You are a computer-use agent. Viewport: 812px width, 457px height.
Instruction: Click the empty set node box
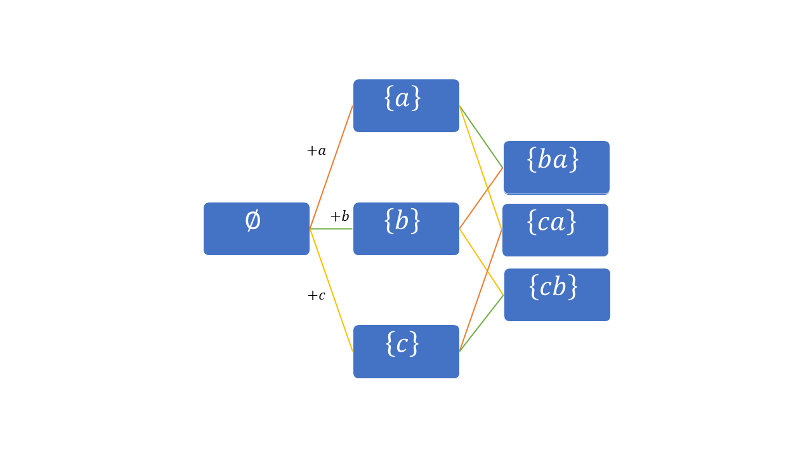[x=256, y=238]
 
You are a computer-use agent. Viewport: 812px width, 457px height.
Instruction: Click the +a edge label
[x=317, y=151]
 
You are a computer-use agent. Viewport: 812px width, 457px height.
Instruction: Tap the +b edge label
[x=339, y=216]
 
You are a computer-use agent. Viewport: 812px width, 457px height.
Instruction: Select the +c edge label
[x=317, y=296]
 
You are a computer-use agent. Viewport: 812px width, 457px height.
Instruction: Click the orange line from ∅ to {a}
[x=331, y=167]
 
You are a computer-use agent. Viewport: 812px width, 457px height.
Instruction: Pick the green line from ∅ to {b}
[x=331, y=228]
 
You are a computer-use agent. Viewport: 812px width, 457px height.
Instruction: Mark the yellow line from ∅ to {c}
[x=331, y=290]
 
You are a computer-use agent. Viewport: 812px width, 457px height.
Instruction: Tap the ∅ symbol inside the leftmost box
[x=252, y=220]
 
